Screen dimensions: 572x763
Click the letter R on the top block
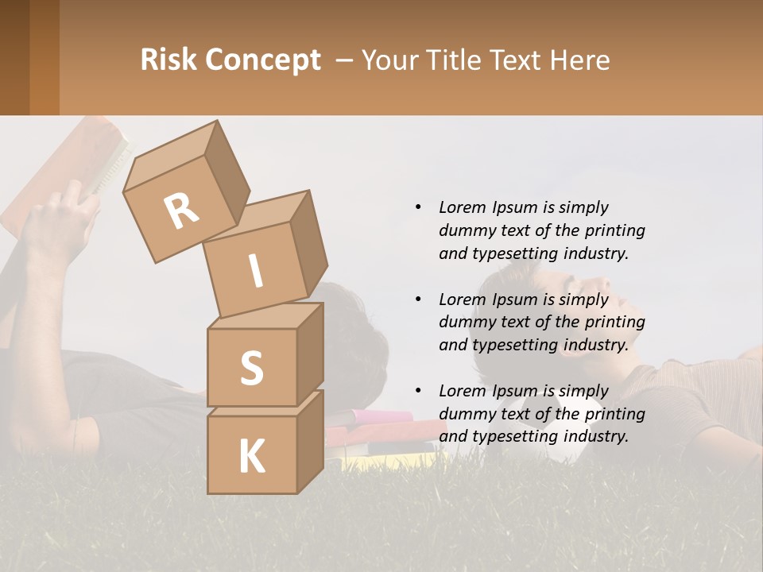click(x=182, y=211)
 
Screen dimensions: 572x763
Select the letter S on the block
click(x=251, y=369)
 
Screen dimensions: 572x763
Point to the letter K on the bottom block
click(x=251, y=457)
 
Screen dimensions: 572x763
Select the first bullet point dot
click(x=418, y=207)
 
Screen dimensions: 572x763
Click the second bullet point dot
click(x=418, y=300)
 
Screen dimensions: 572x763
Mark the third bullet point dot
click(x=418, y=391)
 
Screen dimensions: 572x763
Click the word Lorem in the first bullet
click(x=462, y=207)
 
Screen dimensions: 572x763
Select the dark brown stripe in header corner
click(x=14, y=57)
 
